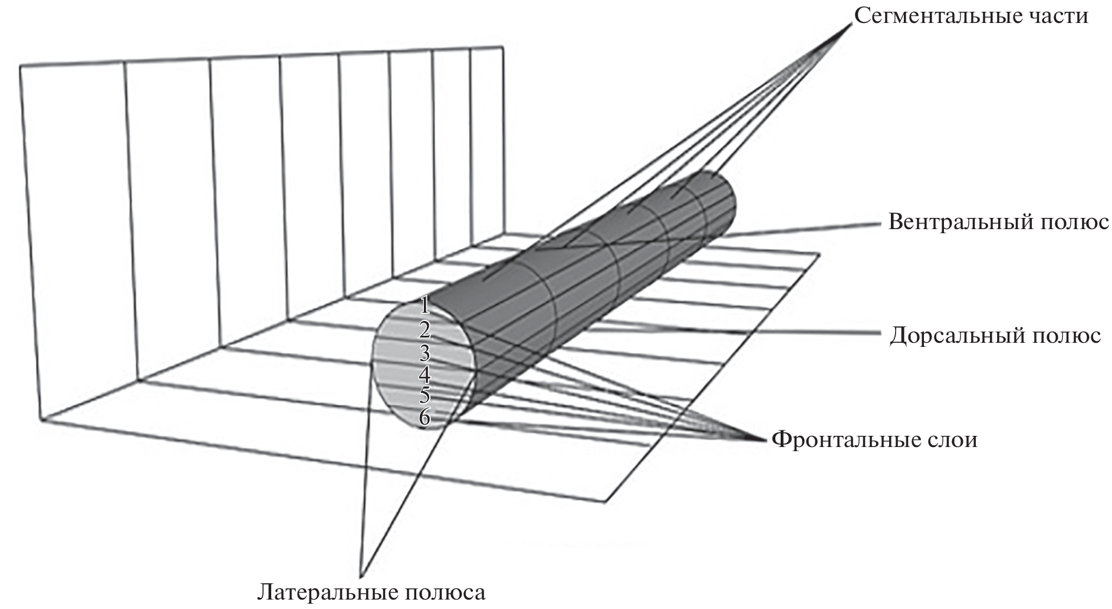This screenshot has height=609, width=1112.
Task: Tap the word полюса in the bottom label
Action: pyautogui.click(x=448, y=593)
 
